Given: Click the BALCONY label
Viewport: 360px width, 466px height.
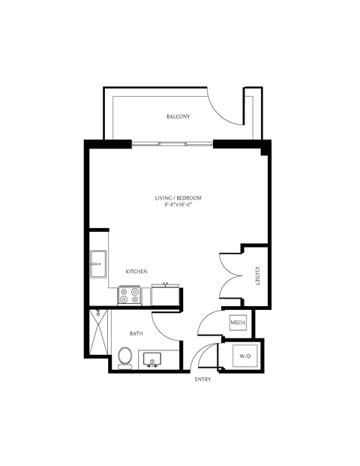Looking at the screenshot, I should pos(178,116).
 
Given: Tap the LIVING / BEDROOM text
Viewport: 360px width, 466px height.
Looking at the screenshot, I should pos(178,198).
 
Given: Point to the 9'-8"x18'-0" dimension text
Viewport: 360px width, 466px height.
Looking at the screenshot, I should pos(178,206).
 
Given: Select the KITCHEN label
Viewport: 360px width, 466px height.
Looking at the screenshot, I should pos(136,271).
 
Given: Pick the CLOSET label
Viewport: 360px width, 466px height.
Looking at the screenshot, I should pos(256,275).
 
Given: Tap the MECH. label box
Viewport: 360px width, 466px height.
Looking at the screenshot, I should pos(238,323).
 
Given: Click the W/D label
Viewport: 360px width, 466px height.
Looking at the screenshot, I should pos(244,355).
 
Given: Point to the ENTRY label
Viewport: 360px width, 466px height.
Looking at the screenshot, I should pos(202,380).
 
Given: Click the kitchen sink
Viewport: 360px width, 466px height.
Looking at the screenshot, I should pos(98,264).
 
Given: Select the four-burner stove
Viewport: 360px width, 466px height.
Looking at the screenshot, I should pos(129,296).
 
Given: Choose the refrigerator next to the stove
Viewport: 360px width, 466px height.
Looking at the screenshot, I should pos(166,295).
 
